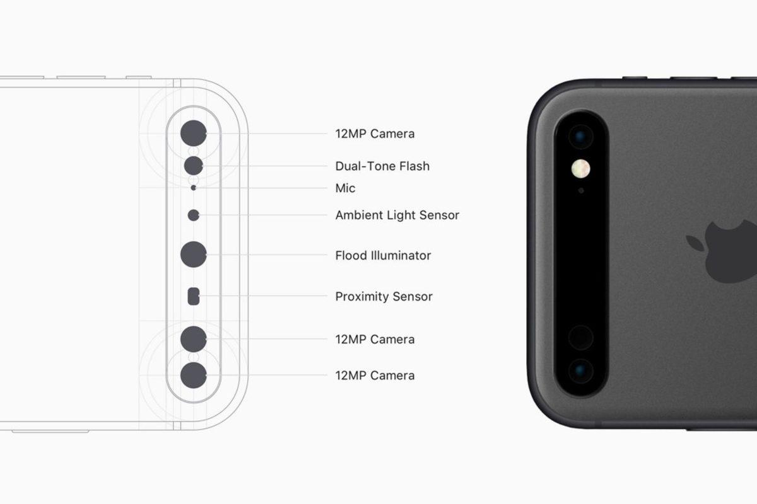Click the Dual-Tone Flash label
pos(382,166)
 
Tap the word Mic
pos(345,188)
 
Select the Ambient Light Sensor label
pos(397,215)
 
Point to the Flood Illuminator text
pos(383,256)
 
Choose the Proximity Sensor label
pos(384,297)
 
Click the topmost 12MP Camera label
pos(375,134)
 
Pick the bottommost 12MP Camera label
pos(375,375)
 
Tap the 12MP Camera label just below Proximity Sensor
pos(375,340)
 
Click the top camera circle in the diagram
pos(194,134)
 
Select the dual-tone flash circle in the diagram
pos(194,166)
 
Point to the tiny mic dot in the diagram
pos(194,188)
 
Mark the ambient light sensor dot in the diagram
pos(194,215)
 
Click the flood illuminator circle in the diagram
pos(194,255)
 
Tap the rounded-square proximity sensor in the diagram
pos(194,296)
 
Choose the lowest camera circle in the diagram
pos(194,375)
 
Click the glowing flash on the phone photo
pos(580,168)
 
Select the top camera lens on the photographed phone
pos(580,136)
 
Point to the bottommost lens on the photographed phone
pos(580,372)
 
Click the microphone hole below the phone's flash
pos(581,190)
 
